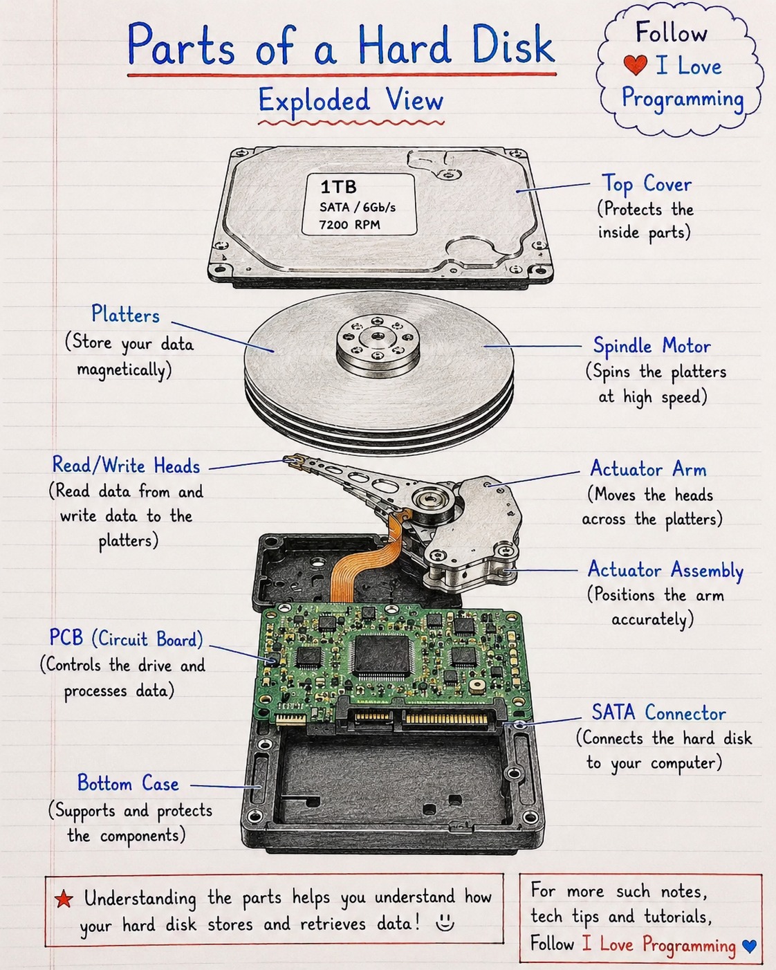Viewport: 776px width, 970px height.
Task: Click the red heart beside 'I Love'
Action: [x=636, y=65]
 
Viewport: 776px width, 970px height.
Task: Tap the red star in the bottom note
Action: [x=64, y=899]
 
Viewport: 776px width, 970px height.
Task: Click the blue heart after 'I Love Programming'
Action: [x=749, y=945]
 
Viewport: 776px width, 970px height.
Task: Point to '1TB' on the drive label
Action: [x=338, y=187]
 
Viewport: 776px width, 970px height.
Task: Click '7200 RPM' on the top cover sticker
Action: [x=350, y=224]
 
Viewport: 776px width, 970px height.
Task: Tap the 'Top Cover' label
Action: [x=646, y=184]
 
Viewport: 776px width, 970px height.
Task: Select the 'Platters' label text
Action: [x=126, y=314]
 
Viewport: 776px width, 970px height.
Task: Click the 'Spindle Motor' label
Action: [x=652, y=346]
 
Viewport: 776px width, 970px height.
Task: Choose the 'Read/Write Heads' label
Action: [x=126, y=465]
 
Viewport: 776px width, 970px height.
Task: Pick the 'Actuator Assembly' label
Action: [x=665, y=570]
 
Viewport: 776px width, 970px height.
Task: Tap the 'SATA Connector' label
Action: [x=659, y=713]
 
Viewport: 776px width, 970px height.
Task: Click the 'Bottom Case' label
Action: [x=128, y=783]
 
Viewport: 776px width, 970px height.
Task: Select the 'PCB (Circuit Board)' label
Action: [x=126, y=639]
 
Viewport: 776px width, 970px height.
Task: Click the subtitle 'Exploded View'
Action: [x=351, y=100]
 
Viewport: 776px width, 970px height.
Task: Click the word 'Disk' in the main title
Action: [x=512, y=44]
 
